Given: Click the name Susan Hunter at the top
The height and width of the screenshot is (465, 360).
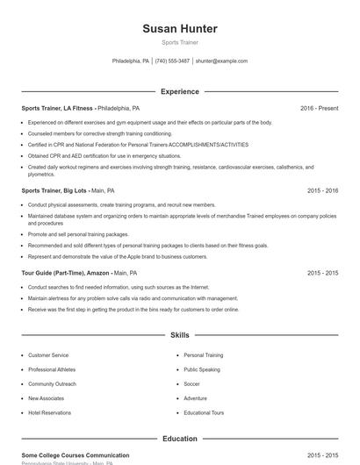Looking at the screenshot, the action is click(179, 29).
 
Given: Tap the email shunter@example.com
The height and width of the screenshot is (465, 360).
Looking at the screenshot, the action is click(221, 61).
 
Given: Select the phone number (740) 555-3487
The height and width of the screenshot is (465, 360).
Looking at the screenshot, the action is click(173, 61).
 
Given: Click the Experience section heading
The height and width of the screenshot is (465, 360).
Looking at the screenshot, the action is click(179, 91).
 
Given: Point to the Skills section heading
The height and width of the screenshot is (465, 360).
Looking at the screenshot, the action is click(179, 335).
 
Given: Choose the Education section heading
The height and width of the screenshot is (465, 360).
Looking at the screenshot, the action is click(179, 439).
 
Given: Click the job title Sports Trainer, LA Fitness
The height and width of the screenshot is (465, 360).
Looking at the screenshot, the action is click(58, 108).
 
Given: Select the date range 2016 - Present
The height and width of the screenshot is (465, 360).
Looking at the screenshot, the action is click(319, 108).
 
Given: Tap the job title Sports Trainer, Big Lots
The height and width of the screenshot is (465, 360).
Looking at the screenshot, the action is click(54, 190).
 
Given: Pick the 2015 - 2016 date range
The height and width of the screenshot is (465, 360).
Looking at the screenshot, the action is click(322, 190).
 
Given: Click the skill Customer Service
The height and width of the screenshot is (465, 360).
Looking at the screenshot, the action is click(48, 355).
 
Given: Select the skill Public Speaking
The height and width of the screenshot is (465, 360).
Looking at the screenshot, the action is click(203, 369).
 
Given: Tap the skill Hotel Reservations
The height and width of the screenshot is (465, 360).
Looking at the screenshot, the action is click(51, 412).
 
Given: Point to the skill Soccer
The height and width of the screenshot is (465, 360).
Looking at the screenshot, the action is click(191, 383).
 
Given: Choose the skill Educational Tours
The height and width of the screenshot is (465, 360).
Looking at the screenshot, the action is click(204, 412).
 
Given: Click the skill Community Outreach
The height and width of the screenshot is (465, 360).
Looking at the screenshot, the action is click(52, 383).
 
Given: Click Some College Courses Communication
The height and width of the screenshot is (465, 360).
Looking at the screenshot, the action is click(76, 455).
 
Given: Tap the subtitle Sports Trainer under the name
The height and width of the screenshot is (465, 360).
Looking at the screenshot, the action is click(179, 43).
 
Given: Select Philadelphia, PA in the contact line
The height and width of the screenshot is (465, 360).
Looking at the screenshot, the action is click(131, 61).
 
